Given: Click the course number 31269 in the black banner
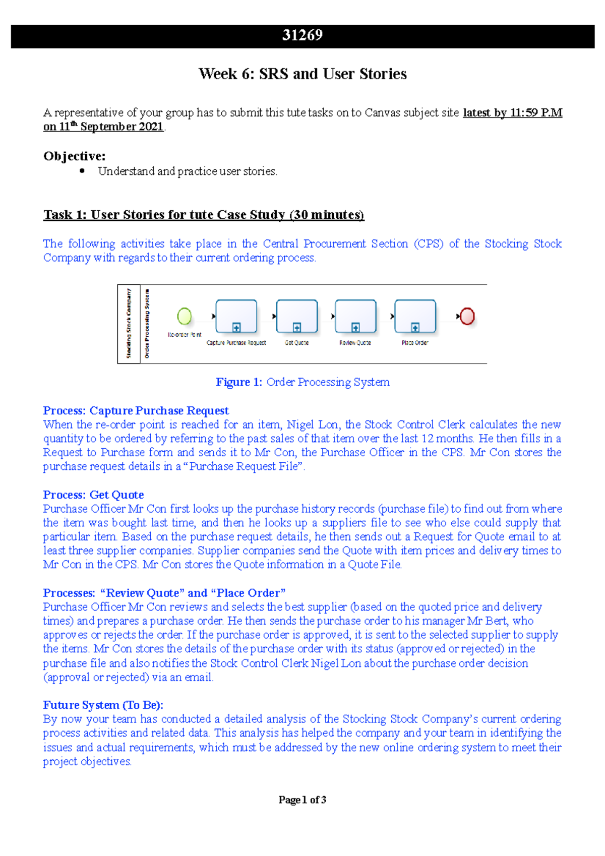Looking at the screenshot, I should [x=302, y=35].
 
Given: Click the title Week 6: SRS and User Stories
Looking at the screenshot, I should [x=302, y=74].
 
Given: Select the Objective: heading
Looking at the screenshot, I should [x=74, y=156].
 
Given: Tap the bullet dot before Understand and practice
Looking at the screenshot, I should [x=82, y=171].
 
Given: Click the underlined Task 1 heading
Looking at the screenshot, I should [x=203, y=215].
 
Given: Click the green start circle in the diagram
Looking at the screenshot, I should [x=185, y=316].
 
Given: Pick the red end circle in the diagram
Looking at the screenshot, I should [x=467, y=316].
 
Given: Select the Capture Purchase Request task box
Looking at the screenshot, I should [x=236, y=316].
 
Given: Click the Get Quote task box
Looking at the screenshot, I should [x=297, y=316].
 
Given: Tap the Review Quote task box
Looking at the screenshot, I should [x=355, y=316].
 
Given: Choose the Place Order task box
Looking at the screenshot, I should [x=415, y=316].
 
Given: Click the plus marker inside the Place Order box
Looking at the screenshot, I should [x=415, y=328].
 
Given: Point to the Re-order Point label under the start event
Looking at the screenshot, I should [x=184, y=335].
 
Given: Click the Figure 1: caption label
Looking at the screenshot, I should [x=238, y=382].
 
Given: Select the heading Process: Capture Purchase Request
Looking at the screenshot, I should [x=136, y=410].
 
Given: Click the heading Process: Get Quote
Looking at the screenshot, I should [x=93, y=495].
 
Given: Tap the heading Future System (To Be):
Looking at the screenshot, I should [x=103, y=705].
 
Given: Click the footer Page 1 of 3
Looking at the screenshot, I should [x=302, y=800].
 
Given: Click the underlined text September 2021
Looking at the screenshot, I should [x=122, y=127].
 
